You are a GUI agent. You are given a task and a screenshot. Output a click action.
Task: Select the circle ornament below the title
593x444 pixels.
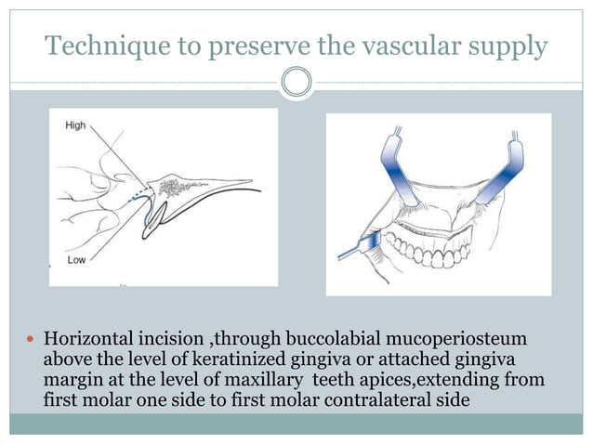click(296, 83)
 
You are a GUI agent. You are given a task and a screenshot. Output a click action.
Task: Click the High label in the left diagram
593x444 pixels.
click(75, 125)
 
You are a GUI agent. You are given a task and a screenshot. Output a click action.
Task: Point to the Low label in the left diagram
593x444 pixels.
click(75, 260)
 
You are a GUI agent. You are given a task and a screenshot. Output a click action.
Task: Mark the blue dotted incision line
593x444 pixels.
click(137, 193)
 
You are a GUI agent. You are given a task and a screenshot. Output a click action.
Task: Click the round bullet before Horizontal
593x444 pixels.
click(32, 337)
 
